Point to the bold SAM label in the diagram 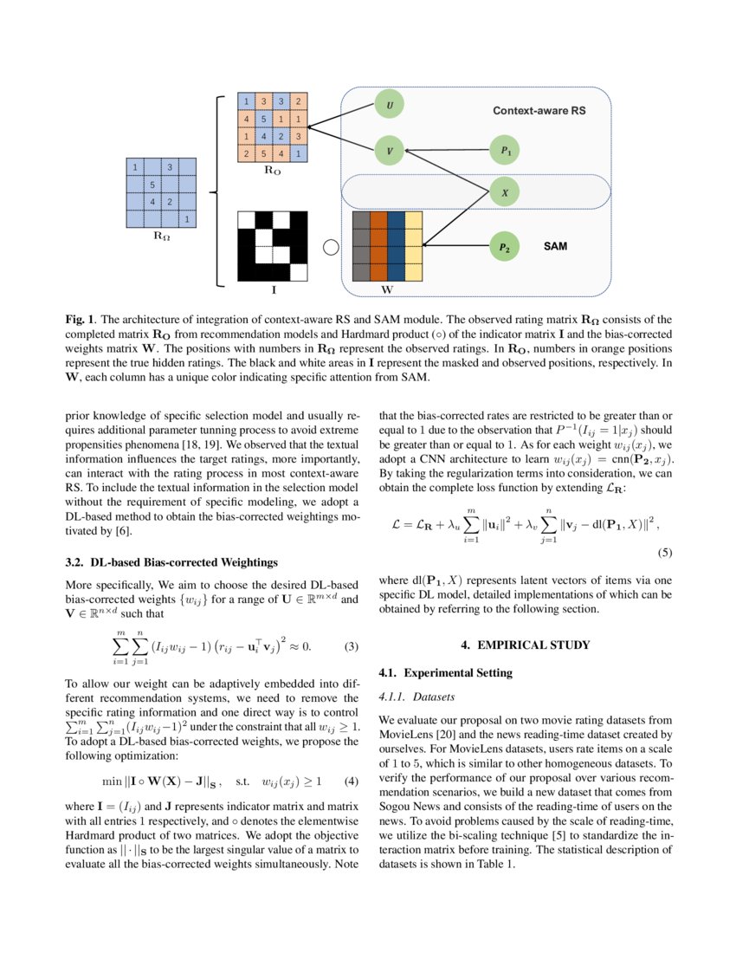pos(556,247)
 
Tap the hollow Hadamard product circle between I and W pos(329,248)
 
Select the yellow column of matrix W pos(413,246)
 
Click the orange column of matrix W pos(378,246)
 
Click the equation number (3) pos(351,646)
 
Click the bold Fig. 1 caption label pos(81,319)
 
